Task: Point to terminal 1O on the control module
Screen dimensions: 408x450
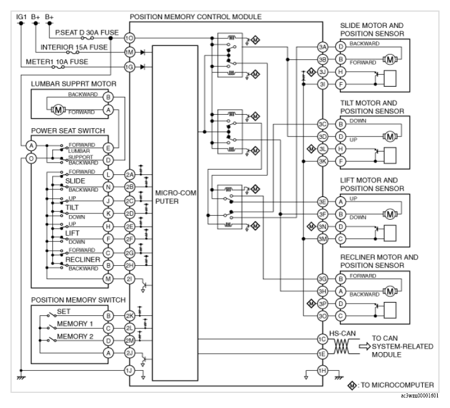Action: tap(130, 38)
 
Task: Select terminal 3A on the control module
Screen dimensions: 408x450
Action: tap(323, 47)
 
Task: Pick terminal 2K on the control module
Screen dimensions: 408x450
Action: tap(130, 316)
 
